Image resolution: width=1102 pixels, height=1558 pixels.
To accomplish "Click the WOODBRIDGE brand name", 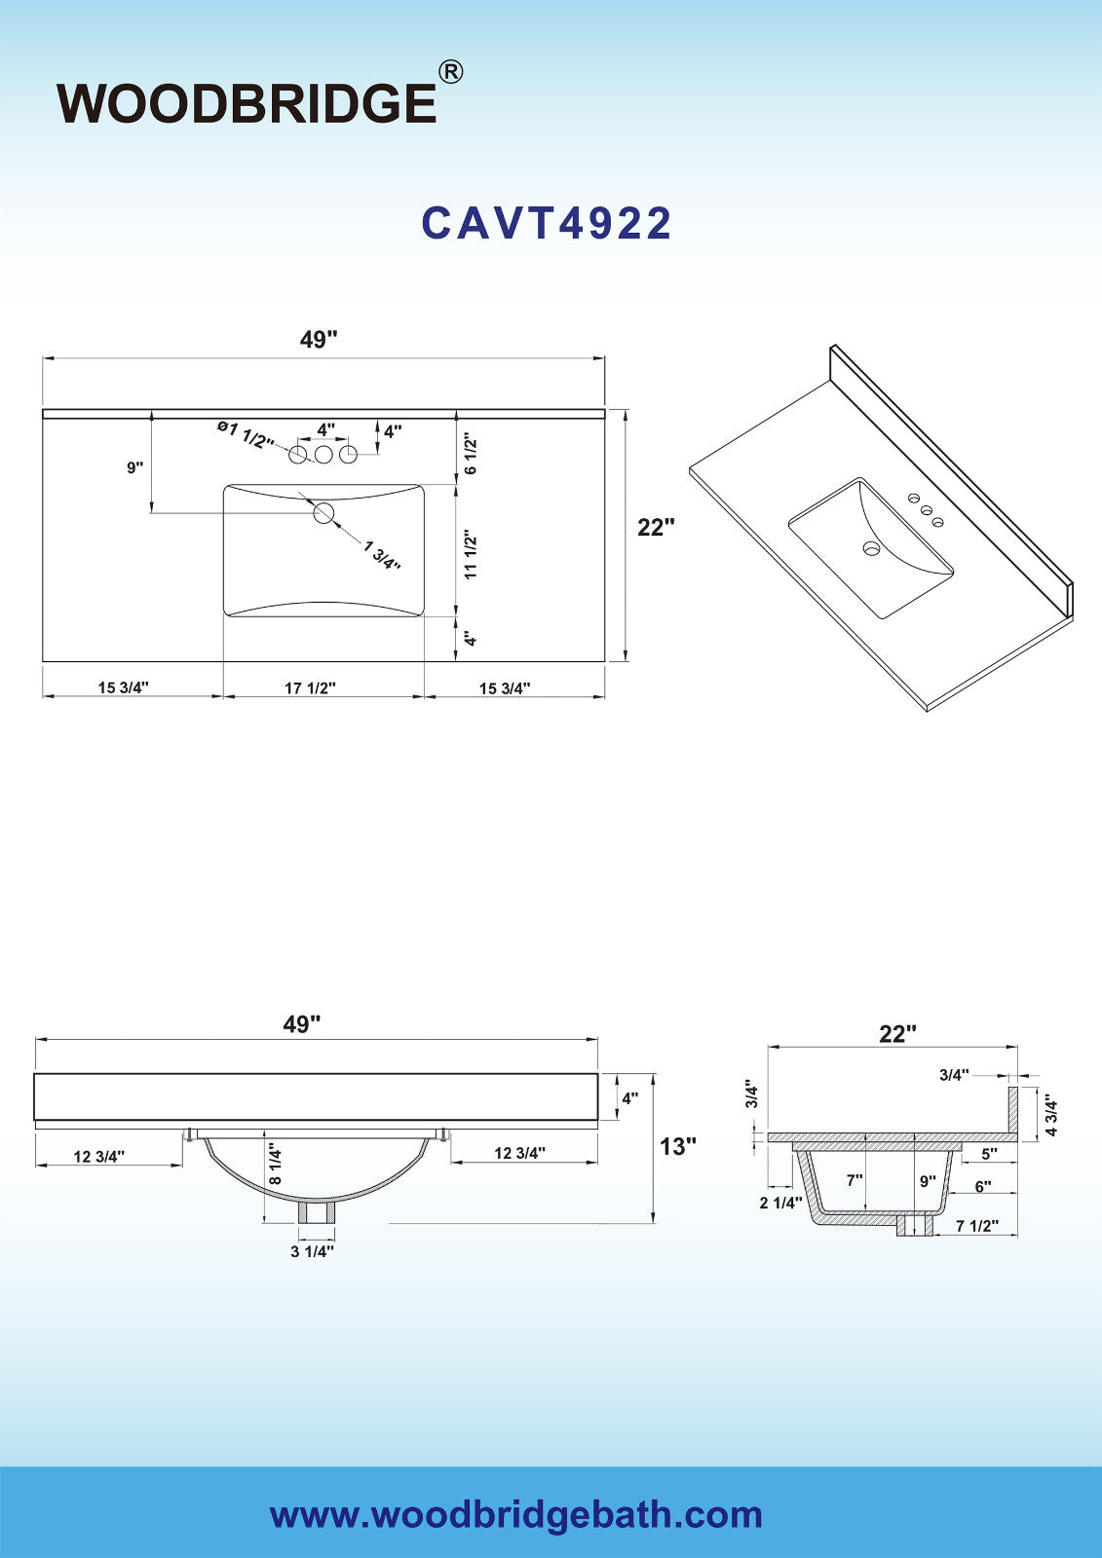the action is click(x=247, y=103).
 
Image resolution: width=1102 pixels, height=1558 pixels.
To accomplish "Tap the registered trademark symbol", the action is click(x=450, y=72).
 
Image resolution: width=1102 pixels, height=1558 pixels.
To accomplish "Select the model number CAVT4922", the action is click(x=547, y=223).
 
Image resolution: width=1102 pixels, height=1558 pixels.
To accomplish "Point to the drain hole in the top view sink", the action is click(x=323, y=513).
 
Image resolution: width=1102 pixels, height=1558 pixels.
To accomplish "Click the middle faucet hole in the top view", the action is click(x=323, y=455).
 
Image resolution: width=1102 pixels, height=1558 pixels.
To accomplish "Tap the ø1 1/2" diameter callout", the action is click(x=246, y=433).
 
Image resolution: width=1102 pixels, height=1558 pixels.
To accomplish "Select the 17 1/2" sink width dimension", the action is click(x=311, y=687).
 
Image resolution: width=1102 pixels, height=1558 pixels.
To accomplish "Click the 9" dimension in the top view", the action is click(x=135, y=467).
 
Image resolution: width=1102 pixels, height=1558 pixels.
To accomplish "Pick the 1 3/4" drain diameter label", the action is click(x=382, y=555).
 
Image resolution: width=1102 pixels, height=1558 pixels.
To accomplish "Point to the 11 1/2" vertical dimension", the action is click(x=472, y=557).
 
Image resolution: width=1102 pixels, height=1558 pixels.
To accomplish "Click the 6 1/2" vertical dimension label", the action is click(x=472, y=456).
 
